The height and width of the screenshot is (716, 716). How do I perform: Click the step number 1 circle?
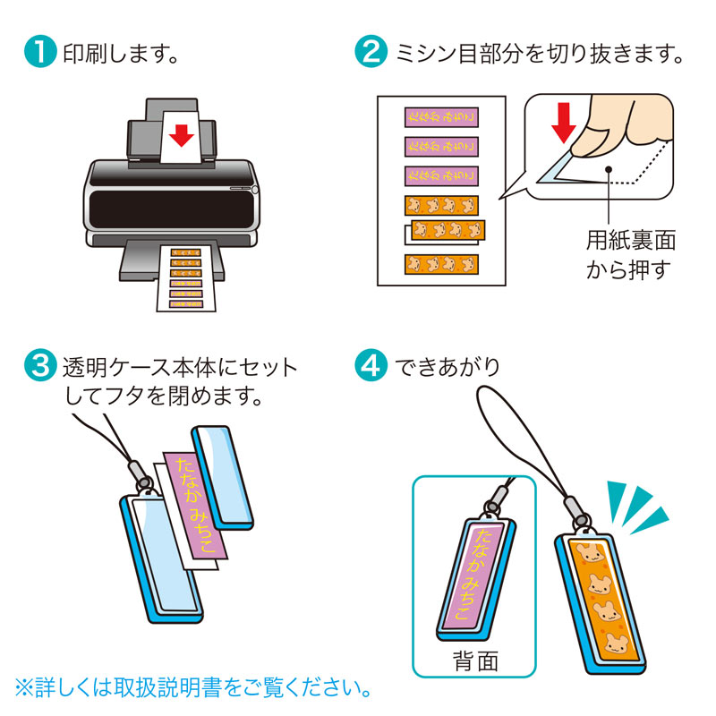tap(39, 52)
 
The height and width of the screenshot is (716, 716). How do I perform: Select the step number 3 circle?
tap(39, 367)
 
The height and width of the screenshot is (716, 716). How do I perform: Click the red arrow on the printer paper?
tap(182, 134)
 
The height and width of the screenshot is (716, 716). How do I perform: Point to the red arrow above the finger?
tap(562, 122)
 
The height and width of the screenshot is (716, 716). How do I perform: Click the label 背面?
tap(475, 662)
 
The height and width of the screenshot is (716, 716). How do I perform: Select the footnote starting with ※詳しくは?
tap(192, 689)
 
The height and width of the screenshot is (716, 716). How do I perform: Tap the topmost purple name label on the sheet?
tap(440, 118)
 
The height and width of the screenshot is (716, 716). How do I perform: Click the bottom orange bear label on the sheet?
tap(440, 264)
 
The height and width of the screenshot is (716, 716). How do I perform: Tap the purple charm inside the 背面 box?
tap(474, 573)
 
